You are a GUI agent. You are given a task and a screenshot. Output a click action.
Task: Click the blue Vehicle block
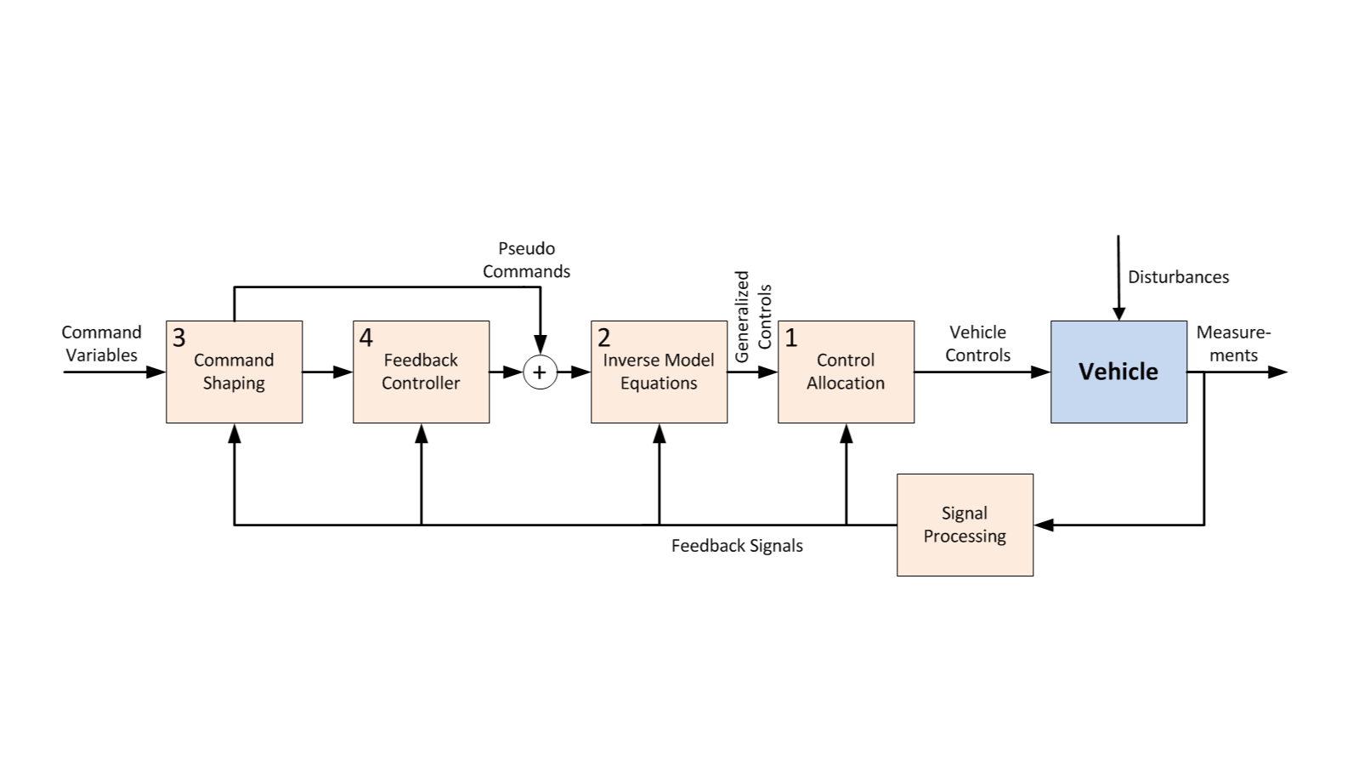[x=1118, y=372]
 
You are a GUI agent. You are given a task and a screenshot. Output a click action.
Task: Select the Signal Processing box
[x=965, y=525]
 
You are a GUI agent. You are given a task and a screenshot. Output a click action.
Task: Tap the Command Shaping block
[x=234, y=372]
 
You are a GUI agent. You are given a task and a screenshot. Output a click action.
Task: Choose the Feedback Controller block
[x=421, y=372]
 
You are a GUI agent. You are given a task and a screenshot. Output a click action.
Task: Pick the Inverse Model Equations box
[x=659, y=372]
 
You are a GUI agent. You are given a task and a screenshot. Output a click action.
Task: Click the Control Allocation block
[x=846, y=372]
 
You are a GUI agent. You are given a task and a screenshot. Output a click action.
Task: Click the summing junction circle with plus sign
[x=540, y=372]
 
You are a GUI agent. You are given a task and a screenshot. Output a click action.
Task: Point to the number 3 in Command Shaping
[x=178, y=338]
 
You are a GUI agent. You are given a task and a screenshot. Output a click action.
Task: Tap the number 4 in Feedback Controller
[x=365, y=338]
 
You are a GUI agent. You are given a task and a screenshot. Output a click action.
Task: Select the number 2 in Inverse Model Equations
[x=603, y=338]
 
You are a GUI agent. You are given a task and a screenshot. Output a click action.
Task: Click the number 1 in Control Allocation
[x=791, y=338]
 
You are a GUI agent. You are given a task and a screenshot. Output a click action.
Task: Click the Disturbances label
[x=1178, y=277]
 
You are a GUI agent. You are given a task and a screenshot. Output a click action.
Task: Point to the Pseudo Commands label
[x=526, y=260]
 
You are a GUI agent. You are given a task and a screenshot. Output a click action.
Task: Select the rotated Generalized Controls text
[x=753, y=316]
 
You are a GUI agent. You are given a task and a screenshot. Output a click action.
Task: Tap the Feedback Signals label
[x=737, y=546]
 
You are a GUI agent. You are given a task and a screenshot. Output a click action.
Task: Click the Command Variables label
[x=101, y=344]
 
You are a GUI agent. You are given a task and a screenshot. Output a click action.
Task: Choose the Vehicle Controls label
[x=977, y=344]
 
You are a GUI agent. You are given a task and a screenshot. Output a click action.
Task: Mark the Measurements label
[x=1233, y=344]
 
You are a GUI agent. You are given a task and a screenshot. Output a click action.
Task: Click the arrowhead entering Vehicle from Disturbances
[x=1118, y=314]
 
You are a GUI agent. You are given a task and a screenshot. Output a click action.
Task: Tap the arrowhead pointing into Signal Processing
[x=1044, y=525]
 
